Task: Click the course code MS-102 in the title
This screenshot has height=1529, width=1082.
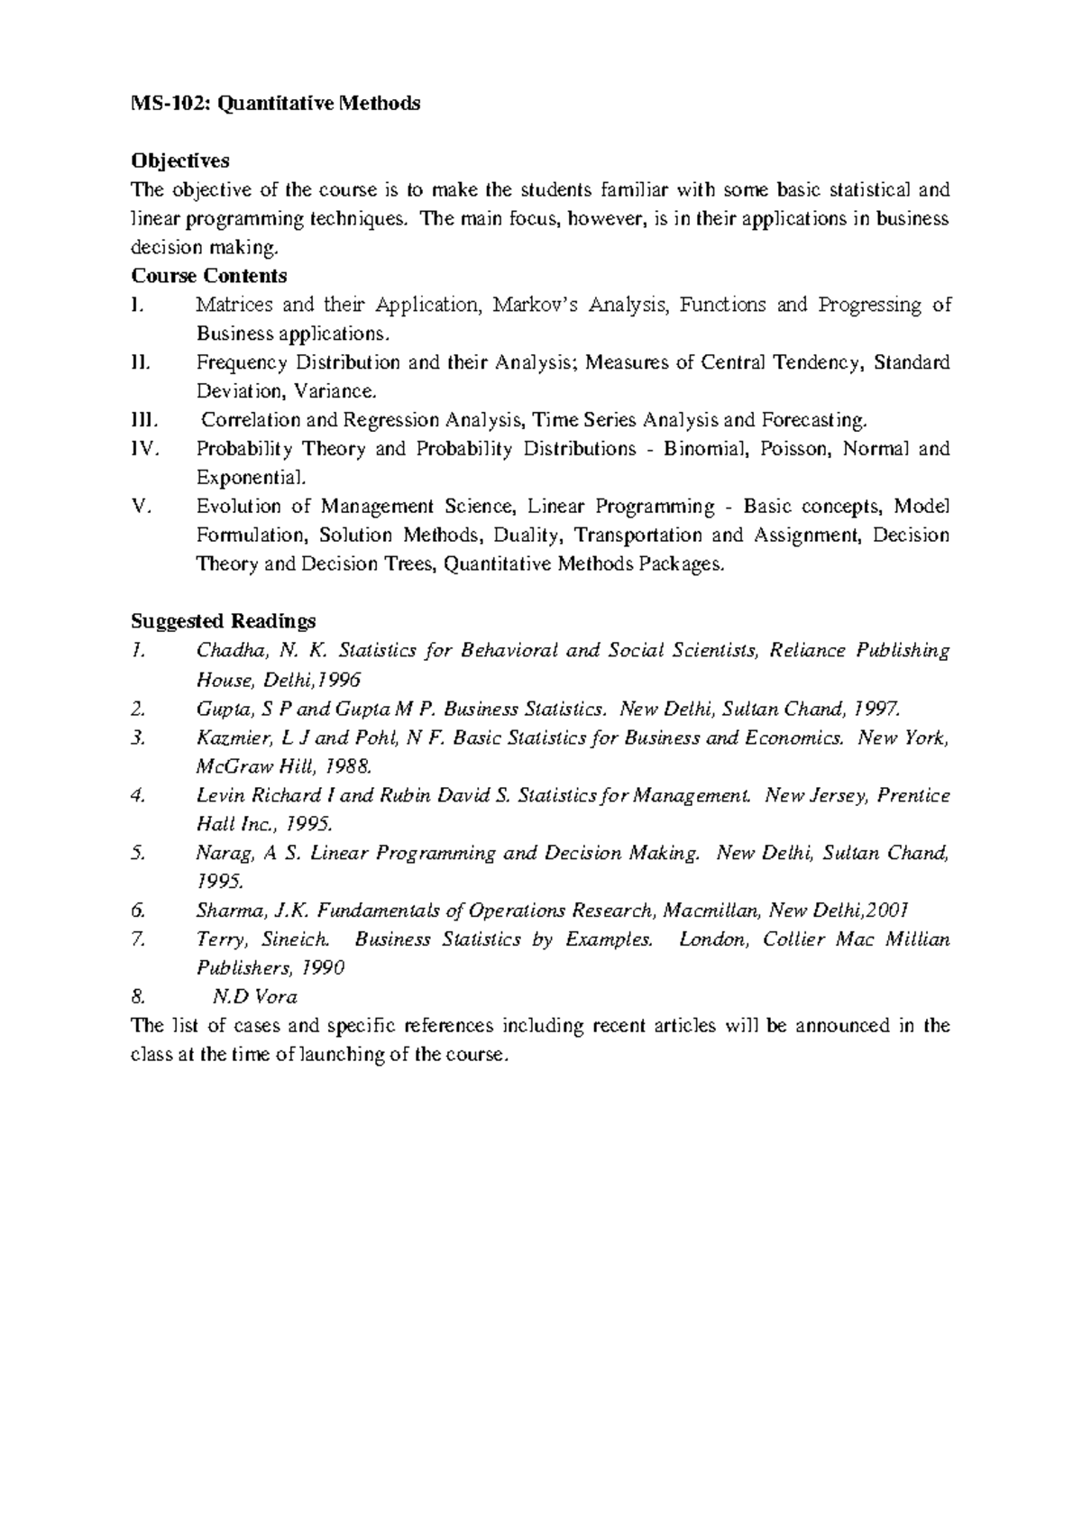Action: click(x=160, y=104)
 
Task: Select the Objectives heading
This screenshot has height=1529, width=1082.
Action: click(x=180, y=160)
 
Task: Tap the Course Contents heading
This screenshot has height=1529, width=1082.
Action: click(x=209, y=276)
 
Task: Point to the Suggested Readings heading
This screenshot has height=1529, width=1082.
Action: click(x=224, y=621)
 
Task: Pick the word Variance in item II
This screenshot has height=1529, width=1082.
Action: click(x=333, y=391)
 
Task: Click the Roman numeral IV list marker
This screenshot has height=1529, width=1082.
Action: click(x=144, y=449)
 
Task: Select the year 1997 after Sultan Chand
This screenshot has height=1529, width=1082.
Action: click(x=876, y=709)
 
